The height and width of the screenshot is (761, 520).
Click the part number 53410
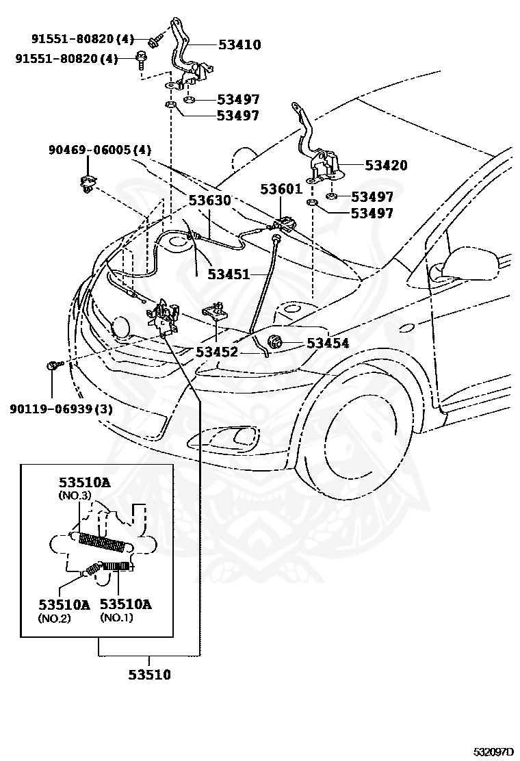click(x=239, y=44)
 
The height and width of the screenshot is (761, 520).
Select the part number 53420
click(x=386, y=165)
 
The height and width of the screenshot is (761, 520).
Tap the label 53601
click(x=281, y=189)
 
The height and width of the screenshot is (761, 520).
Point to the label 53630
click(x=210, y=200)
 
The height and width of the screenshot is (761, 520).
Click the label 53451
click(x=229, y=274)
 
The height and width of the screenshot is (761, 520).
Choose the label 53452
click(x=217, y=352)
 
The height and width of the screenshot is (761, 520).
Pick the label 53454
click(x=328, y=343)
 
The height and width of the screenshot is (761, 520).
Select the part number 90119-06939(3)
click(x=61, y=409)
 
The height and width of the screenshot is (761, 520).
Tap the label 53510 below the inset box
click(x=149, y=674)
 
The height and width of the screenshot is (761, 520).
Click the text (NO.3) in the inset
click(x=75, y=495)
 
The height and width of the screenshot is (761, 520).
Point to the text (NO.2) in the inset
click(x=54, y=618)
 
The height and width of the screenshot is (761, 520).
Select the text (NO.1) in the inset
click(x=116, y=617)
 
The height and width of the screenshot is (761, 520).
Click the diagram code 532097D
click(x=493, y=752)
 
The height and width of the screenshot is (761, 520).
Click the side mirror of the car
click(x=462, y=267)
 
